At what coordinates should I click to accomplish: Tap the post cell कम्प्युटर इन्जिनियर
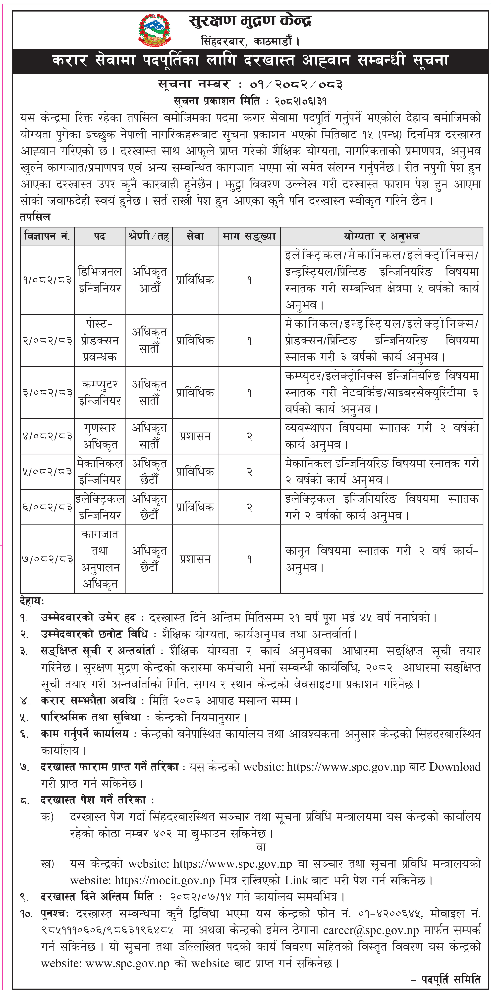[100, 392]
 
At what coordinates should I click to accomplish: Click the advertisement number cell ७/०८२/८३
[47, 559]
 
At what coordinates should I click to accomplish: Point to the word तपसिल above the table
[35, 217]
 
